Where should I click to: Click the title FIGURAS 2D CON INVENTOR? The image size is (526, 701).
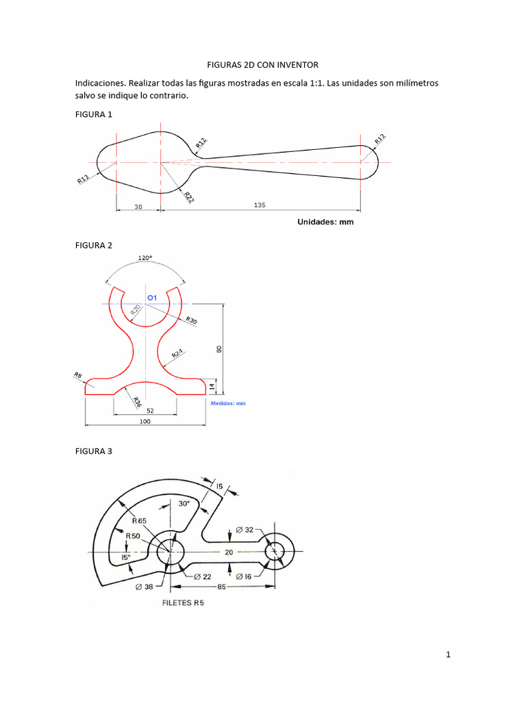pos(262,65)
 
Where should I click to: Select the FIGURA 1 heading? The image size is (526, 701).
pos(93,114)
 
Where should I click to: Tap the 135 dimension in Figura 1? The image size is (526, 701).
pos(260,205)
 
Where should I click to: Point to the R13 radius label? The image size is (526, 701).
pos(83,179)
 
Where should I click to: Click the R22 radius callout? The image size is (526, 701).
pos(188,196)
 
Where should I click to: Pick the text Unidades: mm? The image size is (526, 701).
pos(325,222)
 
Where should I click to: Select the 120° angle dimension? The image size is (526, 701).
pos(145,258)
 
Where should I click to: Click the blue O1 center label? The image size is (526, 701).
pos(153,297)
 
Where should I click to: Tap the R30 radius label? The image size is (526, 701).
pos(191,320)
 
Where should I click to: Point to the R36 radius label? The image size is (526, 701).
pos(136,401)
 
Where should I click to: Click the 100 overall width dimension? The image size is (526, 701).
pos(145,422)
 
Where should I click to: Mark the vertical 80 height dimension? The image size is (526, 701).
pos(219,349)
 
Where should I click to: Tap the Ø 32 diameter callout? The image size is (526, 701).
pos(244,529)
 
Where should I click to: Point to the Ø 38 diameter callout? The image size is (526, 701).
pos(145,587)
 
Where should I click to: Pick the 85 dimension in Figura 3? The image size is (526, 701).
pos(222,587)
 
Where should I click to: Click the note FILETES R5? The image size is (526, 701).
pos(182,603)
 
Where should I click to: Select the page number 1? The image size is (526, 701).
pos(448,655)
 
